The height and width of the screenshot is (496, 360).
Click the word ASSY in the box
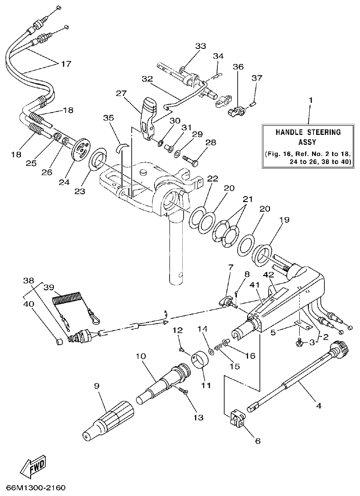point(307,142)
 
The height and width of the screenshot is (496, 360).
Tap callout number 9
point(96,386)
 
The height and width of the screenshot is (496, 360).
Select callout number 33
point(201,46)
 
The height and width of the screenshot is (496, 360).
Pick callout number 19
point(284,219)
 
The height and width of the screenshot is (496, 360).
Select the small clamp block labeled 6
point(237,420)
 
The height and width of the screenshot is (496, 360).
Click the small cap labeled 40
point(58,341)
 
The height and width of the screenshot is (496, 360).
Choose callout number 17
point(66,64)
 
